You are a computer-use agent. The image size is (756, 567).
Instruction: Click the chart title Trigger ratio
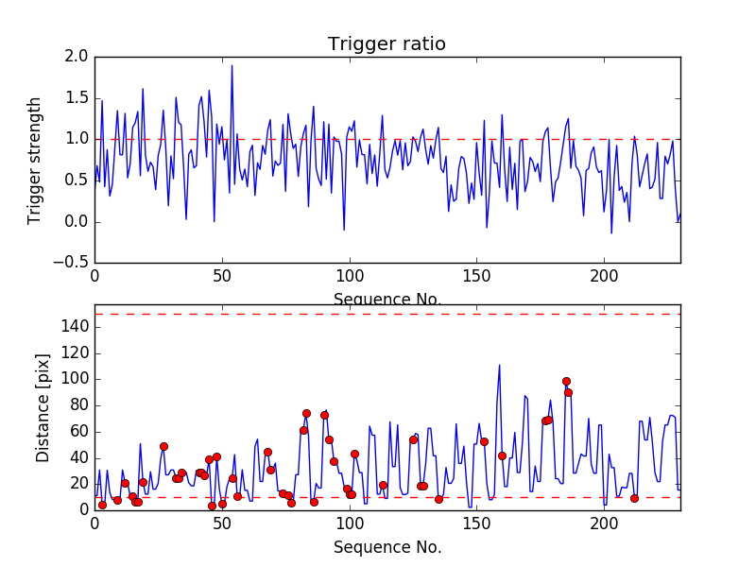387,44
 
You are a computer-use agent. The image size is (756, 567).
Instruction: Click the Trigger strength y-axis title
35,160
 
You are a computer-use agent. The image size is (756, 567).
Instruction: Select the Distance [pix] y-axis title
43,428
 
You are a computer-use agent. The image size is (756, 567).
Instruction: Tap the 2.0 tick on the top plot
77,57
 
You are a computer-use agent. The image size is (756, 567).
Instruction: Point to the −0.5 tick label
72,263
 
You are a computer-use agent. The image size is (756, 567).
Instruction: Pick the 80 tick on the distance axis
77,405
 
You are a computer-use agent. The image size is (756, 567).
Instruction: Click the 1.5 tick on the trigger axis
77,98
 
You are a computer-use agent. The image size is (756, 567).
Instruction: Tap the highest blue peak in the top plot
232,65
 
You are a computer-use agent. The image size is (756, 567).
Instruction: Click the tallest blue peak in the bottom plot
499,365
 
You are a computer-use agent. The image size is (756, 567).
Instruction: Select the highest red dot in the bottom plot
566,381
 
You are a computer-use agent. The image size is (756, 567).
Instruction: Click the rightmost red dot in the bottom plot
634,498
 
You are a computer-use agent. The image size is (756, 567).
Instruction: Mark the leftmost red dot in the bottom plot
102,505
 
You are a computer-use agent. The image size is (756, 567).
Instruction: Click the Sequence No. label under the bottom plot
387,547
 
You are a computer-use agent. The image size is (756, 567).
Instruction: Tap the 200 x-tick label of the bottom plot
604,524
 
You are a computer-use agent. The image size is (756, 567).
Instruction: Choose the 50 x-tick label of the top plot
222,277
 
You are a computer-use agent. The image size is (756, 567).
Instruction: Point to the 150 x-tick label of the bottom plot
476,524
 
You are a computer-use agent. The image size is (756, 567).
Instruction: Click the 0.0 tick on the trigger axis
77,222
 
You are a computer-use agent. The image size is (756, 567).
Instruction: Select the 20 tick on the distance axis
77,484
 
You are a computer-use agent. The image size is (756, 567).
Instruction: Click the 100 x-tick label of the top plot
350,277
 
